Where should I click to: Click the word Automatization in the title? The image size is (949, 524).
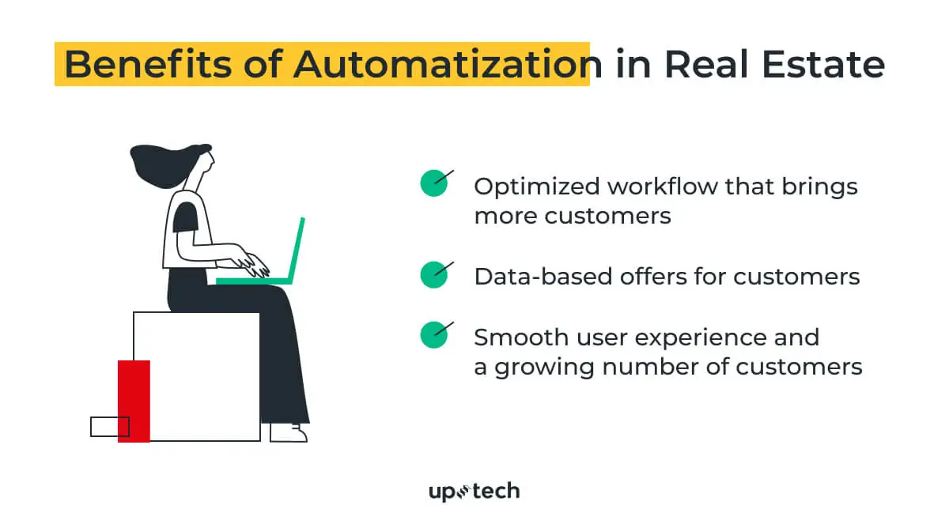448,65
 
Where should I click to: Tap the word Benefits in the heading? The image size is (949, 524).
148,64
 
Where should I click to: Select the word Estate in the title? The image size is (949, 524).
823,65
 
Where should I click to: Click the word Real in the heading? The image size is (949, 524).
706,64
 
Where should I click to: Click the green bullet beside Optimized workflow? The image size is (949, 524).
434,183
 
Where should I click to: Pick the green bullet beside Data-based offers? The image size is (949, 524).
434,275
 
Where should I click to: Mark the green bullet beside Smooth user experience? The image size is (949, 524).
434,335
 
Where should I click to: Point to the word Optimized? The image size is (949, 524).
537,187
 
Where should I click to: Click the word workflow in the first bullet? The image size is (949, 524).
662,187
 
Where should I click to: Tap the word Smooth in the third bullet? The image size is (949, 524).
521,337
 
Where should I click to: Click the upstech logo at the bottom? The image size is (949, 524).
474,492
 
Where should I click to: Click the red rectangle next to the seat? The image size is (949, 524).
134,401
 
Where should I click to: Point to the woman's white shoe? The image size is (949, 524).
288,432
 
